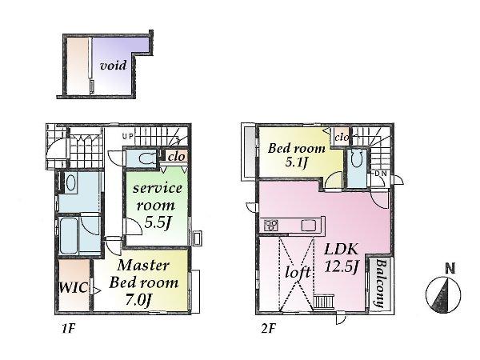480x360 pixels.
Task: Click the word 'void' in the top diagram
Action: [x=111, y=66]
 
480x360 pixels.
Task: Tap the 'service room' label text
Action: [x=158, y=195]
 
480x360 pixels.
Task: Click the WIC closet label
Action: [x=72, y=286]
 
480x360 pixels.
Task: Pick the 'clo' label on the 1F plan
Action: [x=176, y=157]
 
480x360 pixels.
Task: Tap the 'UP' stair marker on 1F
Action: [x=126, y=137]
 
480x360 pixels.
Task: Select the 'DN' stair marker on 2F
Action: [x=381, y=174]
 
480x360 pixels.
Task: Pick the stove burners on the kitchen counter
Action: [x=270, y=226]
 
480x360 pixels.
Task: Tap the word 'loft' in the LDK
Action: [x=298, y=271]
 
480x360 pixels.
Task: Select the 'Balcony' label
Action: [x=379, y=285]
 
